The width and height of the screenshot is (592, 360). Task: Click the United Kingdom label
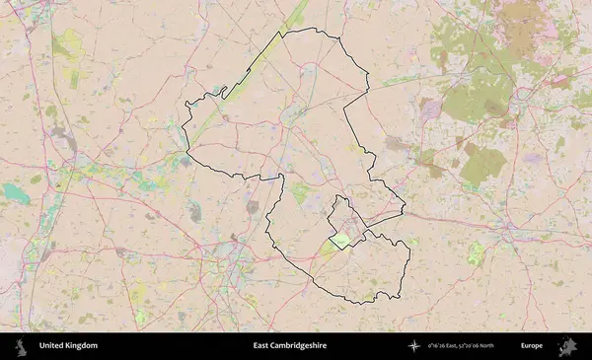[68, 346]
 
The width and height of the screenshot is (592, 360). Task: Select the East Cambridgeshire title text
[289, 346]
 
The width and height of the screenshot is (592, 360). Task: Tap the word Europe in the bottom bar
[532, 346]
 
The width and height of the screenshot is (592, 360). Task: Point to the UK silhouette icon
[21, 346]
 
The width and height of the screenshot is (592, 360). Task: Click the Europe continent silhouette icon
[566, 346]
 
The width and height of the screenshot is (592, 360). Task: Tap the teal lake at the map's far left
[16, 192]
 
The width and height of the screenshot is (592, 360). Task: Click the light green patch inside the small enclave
[339, 239]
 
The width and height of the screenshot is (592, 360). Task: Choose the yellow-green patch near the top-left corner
[69, 44]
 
